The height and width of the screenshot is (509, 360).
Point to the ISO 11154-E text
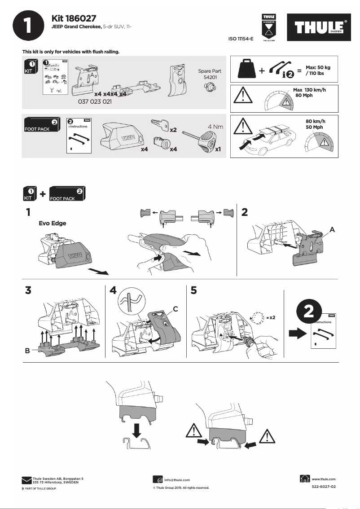pyautogui.click(x=241, y=39)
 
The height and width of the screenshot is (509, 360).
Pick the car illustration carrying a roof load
pyautogui.click(x=269, y=139)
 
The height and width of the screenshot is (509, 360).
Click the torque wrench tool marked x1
pyautogui.click(x=202, y=139)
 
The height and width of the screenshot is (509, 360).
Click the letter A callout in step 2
pyautogui.click(x=333, y=229)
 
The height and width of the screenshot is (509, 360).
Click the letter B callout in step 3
pyautogui.click(x=27, y=351)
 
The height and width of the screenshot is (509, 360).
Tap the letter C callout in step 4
pyautogui.click(x=176, y=308)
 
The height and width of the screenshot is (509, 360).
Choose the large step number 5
pyautogui.click(x=193, y=290)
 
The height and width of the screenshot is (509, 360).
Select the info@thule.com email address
pyautogui.click(x=178, y=480)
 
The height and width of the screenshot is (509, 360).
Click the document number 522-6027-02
pyautogui.click(x=324, y=487)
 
